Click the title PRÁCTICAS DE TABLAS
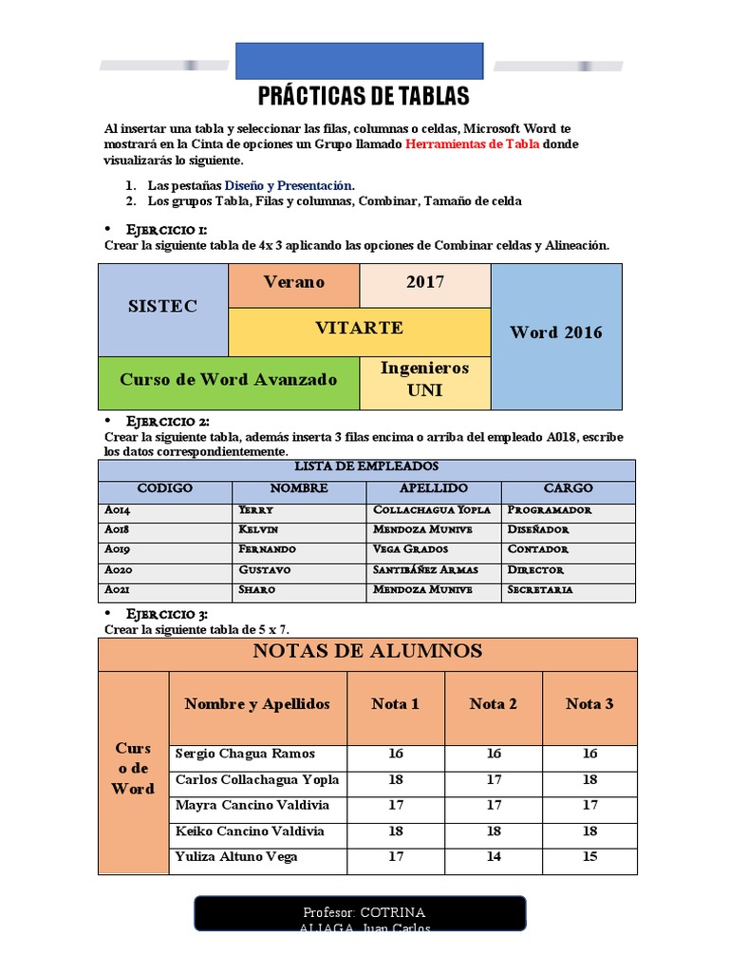(364, 96)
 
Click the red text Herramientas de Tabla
(472, 144)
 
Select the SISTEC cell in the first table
(162, 306)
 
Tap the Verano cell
(293, 282)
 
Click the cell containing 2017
(424, 282)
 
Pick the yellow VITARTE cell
(359, 329)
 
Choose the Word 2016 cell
(555, 333)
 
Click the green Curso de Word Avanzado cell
(228, 380)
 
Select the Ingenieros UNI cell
(424, 379)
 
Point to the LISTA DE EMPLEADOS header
(366, 467)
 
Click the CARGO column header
(569, 488)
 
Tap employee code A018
(118, 529)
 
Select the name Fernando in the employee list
(268, 549)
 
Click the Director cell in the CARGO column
(535, 570)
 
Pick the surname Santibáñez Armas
(426, 570)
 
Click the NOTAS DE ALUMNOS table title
(367, 652)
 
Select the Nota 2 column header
(493, 704)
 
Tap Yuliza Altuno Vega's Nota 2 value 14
(493, 857)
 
